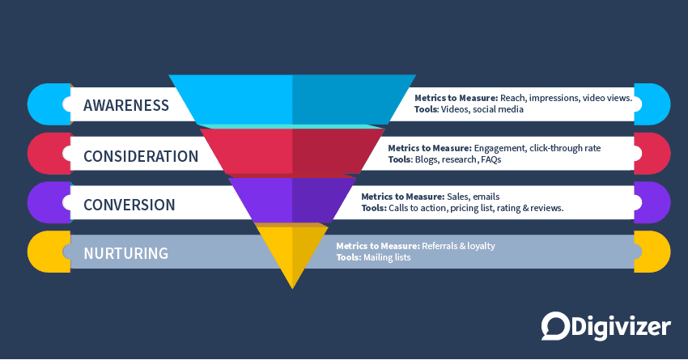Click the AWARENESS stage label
coord(126,105)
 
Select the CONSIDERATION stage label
coord(141,155)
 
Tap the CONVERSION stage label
coord(130,205)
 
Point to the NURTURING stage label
coord(125,253)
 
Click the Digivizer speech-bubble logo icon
coord(553,325)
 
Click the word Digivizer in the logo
coord(618,325)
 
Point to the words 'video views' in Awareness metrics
coord(606,97)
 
